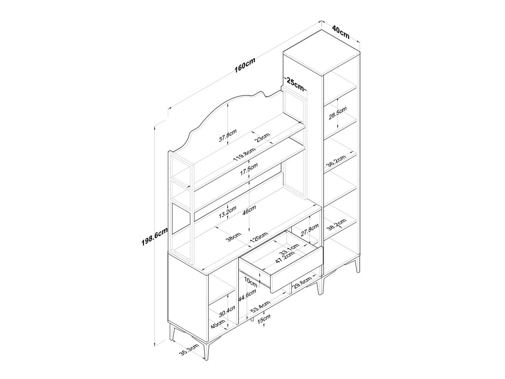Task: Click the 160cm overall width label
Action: click(x=245, y=66)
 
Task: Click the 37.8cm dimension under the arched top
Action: click(x=227, y=136)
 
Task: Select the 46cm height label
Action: click(x=250, y=210)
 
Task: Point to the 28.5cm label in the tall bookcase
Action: click(x=337, y=114)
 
